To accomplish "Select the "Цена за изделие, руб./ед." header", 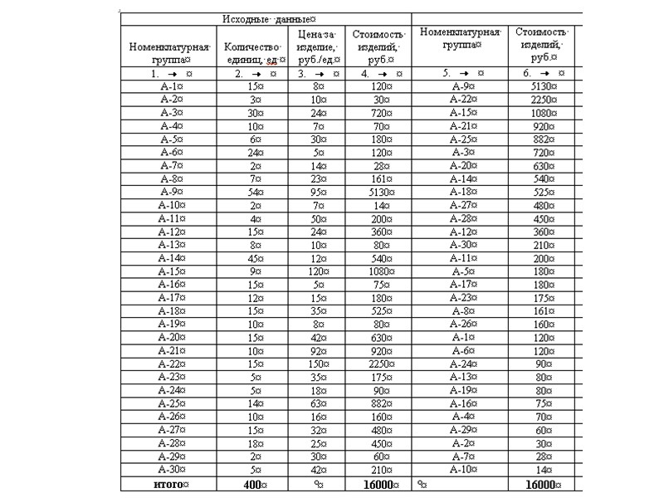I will pos(317,46).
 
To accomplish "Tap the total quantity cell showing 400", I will pos(256,484).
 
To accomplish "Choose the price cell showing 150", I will pos(318,364).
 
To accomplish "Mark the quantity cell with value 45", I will pos(256,257).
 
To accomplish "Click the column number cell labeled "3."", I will pos(318,74).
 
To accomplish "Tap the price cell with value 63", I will pos(318,403).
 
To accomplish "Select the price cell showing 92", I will pos(318,351).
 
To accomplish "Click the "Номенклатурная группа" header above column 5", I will pos(461,39).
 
